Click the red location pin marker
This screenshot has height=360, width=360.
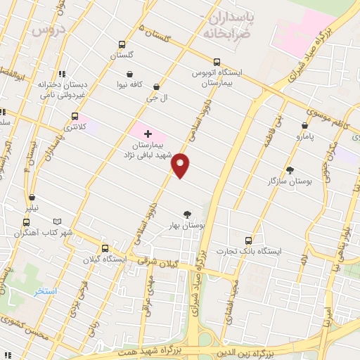coord(181,165)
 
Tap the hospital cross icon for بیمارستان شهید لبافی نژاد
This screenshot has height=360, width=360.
coord(148,134)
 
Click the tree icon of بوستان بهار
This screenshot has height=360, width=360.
coord(187,214)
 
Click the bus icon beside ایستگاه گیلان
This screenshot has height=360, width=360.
coord(105,248)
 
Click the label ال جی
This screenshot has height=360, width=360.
coord(153,99)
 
